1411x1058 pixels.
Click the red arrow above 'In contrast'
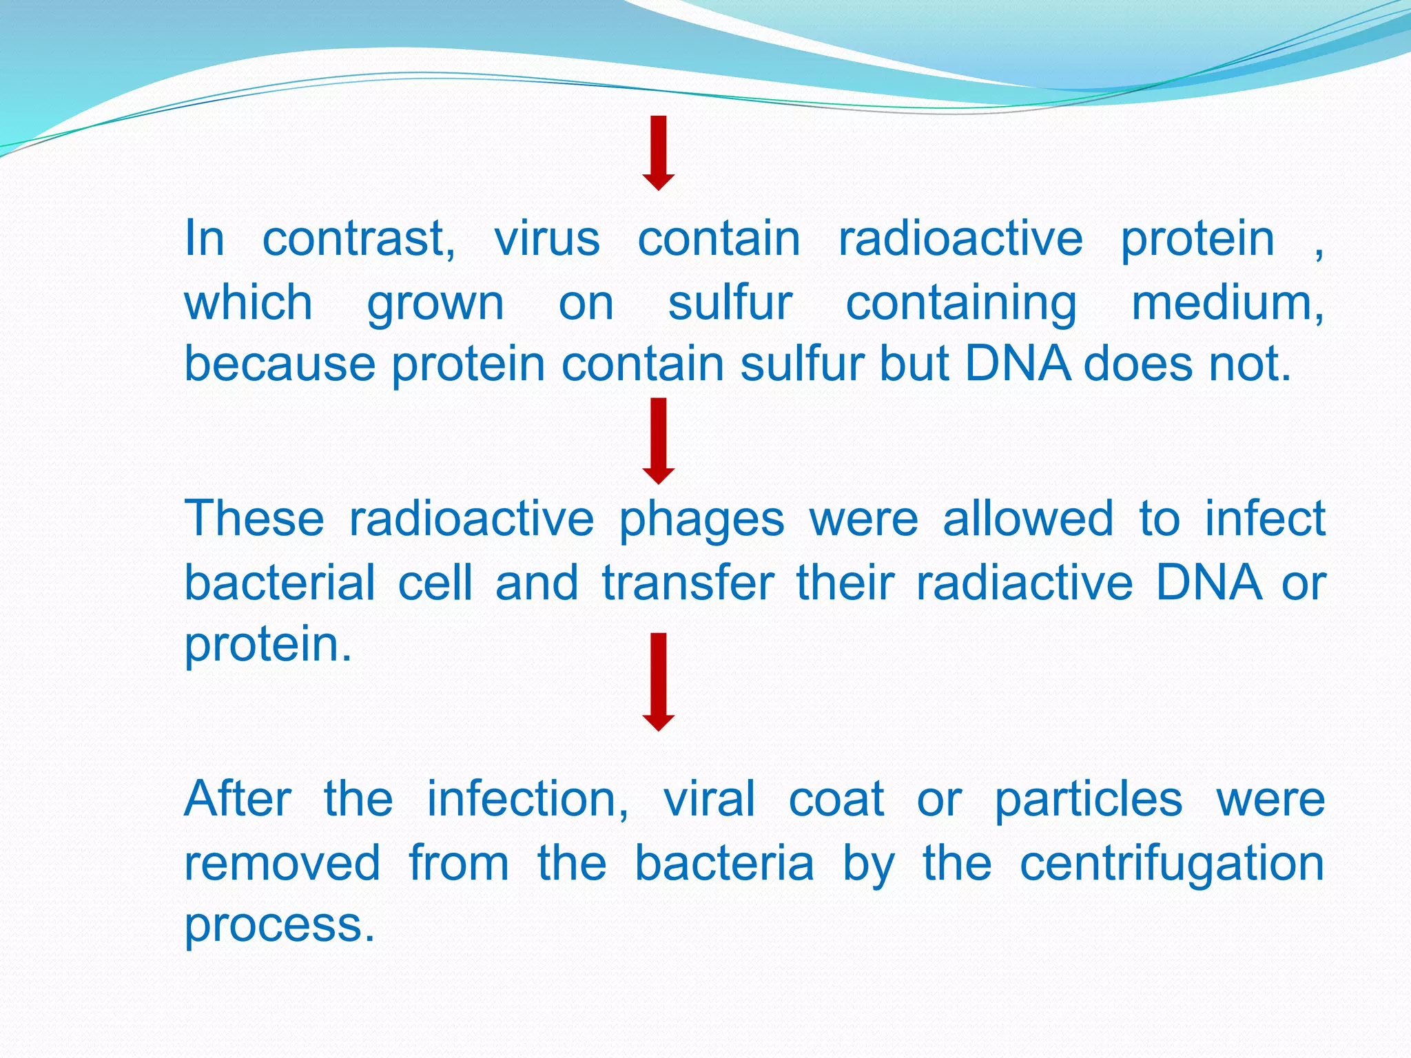coord(659,153)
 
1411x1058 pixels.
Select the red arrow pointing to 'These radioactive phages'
coord(659,441)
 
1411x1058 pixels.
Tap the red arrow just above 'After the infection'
coord(659,682)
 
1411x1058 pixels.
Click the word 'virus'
coord(547,239)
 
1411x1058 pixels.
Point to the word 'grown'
coord(435,304)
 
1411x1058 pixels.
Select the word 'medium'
coord(1226,303)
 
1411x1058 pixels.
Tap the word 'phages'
coord(701,520)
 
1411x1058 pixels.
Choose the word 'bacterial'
coord(280,583)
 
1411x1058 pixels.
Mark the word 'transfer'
coord(688,583)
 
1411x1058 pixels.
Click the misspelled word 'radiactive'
coord(1024,583)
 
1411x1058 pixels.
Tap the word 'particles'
coord(1089,800)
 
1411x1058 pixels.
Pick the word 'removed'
coord(282,863)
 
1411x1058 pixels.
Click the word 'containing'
coord(961,304)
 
